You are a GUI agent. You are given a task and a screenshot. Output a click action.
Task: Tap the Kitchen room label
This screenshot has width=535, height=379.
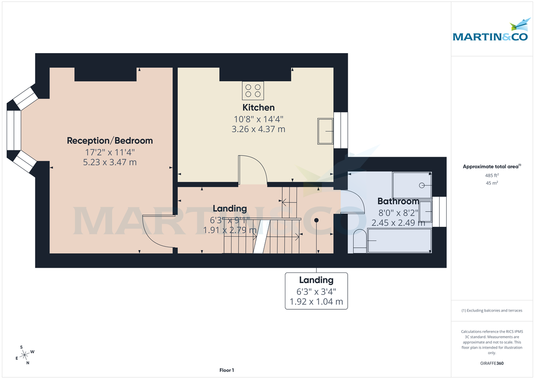tap(258, 108)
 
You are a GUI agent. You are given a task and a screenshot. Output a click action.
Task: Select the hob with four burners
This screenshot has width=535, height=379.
tap(252, 90)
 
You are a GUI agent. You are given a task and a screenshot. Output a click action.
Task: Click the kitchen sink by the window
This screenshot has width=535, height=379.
tap(325, 131)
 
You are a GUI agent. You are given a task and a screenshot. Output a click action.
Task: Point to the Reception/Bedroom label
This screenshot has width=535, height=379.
tap(110, 141)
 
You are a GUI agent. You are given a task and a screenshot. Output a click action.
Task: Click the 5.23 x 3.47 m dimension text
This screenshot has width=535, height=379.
tap(110, 162)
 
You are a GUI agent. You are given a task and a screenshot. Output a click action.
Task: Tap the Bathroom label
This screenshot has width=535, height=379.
tap(398, 201)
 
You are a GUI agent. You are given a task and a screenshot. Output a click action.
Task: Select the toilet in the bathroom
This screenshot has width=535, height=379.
tap(358, 242)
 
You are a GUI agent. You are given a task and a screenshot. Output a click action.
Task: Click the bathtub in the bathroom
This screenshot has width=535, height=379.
tap(399, 241)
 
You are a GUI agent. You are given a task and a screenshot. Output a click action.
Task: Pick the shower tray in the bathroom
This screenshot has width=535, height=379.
tap(412, 185)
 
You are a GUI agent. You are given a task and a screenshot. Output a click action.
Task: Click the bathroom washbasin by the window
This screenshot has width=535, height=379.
tap(425, 211)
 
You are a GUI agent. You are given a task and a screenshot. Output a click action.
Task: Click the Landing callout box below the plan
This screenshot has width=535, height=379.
tap(316, 291)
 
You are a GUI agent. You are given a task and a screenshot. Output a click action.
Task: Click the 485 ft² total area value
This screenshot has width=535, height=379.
tap(492, 175)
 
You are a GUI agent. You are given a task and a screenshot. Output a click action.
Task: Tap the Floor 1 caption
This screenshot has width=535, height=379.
tap(226, 370)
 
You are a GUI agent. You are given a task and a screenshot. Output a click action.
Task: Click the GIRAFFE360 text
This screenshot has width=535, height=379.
tap(492, 363)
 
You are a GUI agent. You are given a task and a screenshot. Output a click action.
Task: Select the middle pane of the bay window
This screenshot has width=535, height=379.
tap(14, 130)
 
